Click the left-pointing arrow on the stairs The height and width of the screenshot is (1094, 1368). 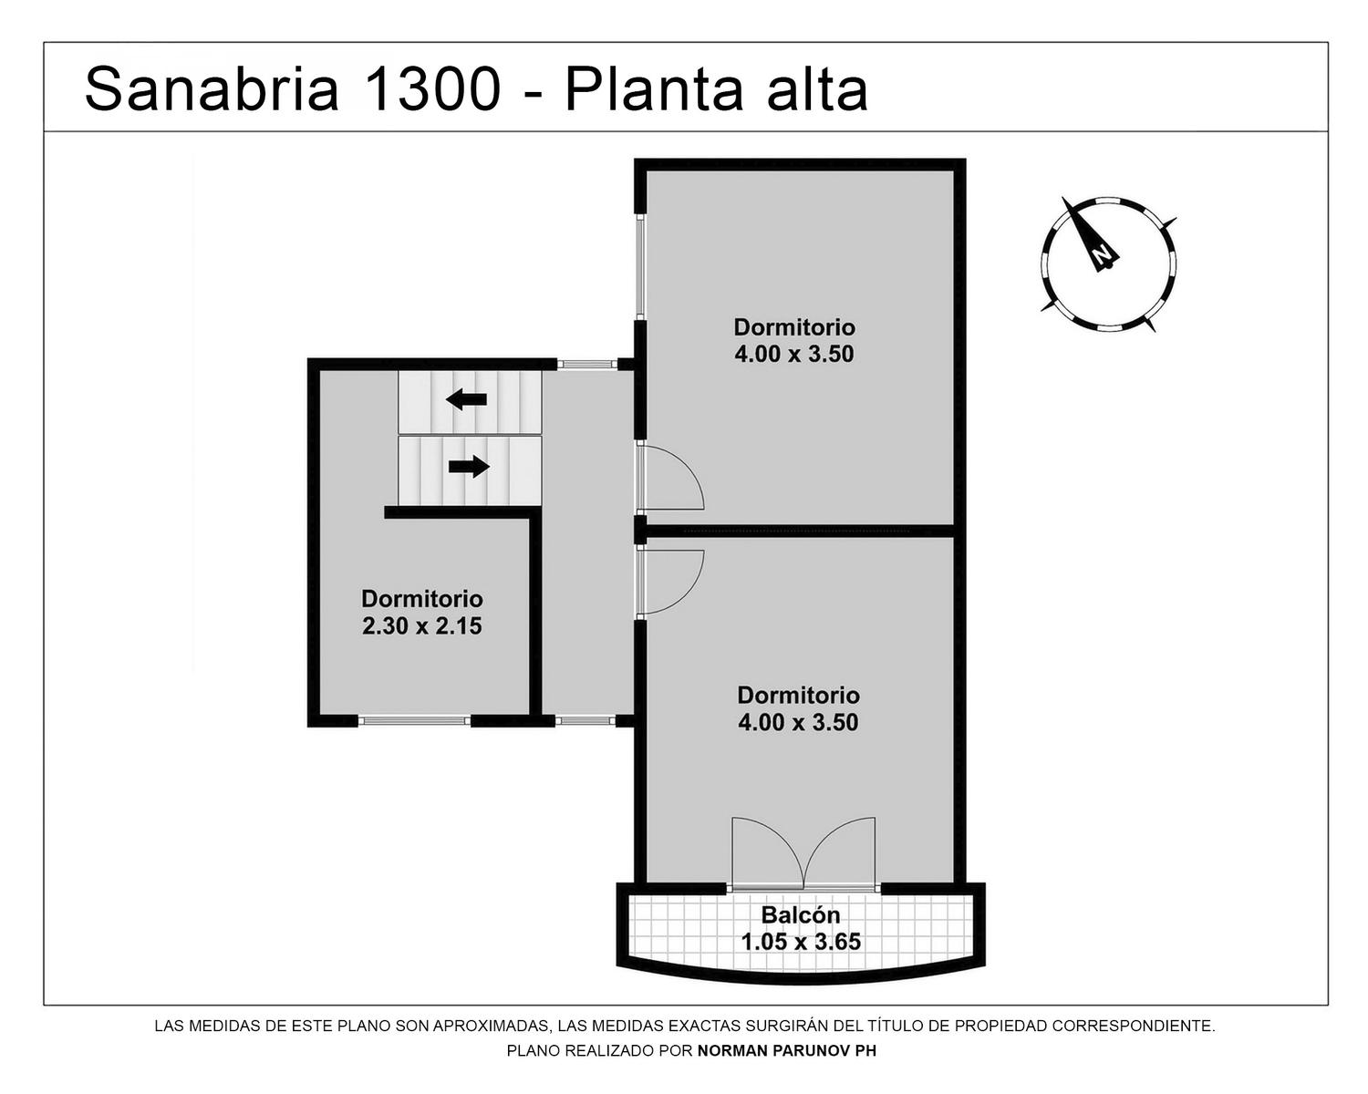[466, 400]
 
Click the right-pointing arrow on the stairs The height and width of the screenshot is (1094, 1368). [469, 467]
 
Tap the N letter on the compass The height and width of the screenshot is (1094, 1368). [1103, 254]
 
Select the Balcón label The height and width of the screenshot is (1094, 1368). [801, 914]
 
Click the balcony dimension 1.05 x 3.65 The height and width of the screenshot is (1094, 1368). [801, 942]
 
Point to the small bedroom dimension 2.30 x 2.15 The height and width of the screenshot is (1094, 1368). [422, 626]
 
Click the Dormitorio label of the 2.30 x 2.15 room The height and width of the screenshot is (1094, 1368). [422, 599]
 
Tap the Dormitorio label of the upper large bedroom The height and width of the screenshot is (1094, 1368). [794, 327]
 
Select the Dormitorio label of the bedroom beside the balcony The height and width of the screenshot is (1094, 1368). [798, 696]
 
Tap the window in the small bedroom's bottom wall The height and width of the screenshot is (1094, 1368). [414, 721]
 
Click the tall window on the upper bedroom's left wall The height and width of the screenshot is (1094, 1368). [641, 265]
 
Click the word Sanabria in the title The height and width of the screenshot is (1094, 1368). [212, 89]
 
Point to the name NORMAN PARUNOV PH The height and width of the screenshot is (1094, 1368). [787, 1051]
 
